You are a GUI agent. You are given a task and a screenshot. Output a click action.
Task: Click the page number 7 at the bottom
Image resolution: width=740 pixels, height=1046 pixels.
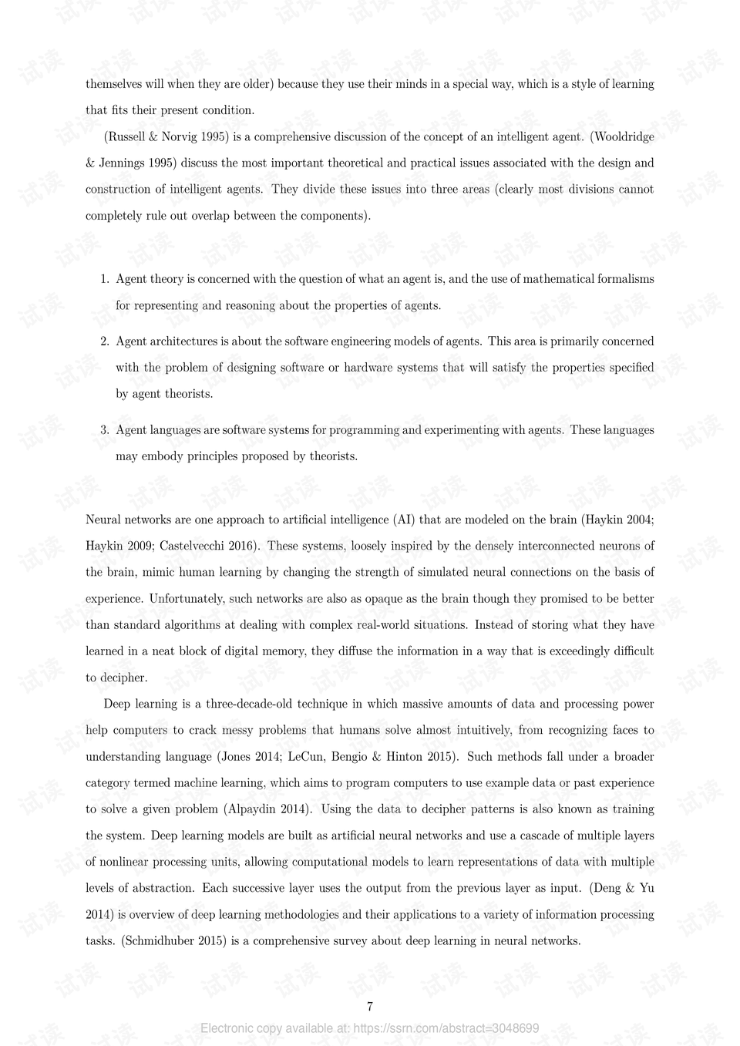click(370, 1007)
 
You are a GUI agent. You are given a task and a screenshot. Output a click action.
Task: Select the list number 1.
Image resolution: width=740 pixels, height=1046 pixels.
click(104, 279)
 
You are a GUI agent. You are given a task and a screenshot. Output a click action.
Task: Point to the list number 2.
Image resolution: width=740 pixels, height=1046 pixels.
click(104, 341)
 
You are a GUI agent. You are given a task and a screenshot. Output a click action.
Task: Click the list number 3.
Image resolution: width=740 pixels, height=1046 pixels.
click(104, 430)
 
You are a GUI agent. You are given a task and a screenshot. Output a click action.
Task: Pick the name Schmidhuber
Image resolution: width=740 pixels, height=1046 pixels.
click(159, 940)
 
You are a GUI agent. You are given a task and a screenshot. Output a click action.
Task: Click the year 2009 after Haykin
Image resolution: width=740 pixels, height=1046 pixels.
click(142, 546)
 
